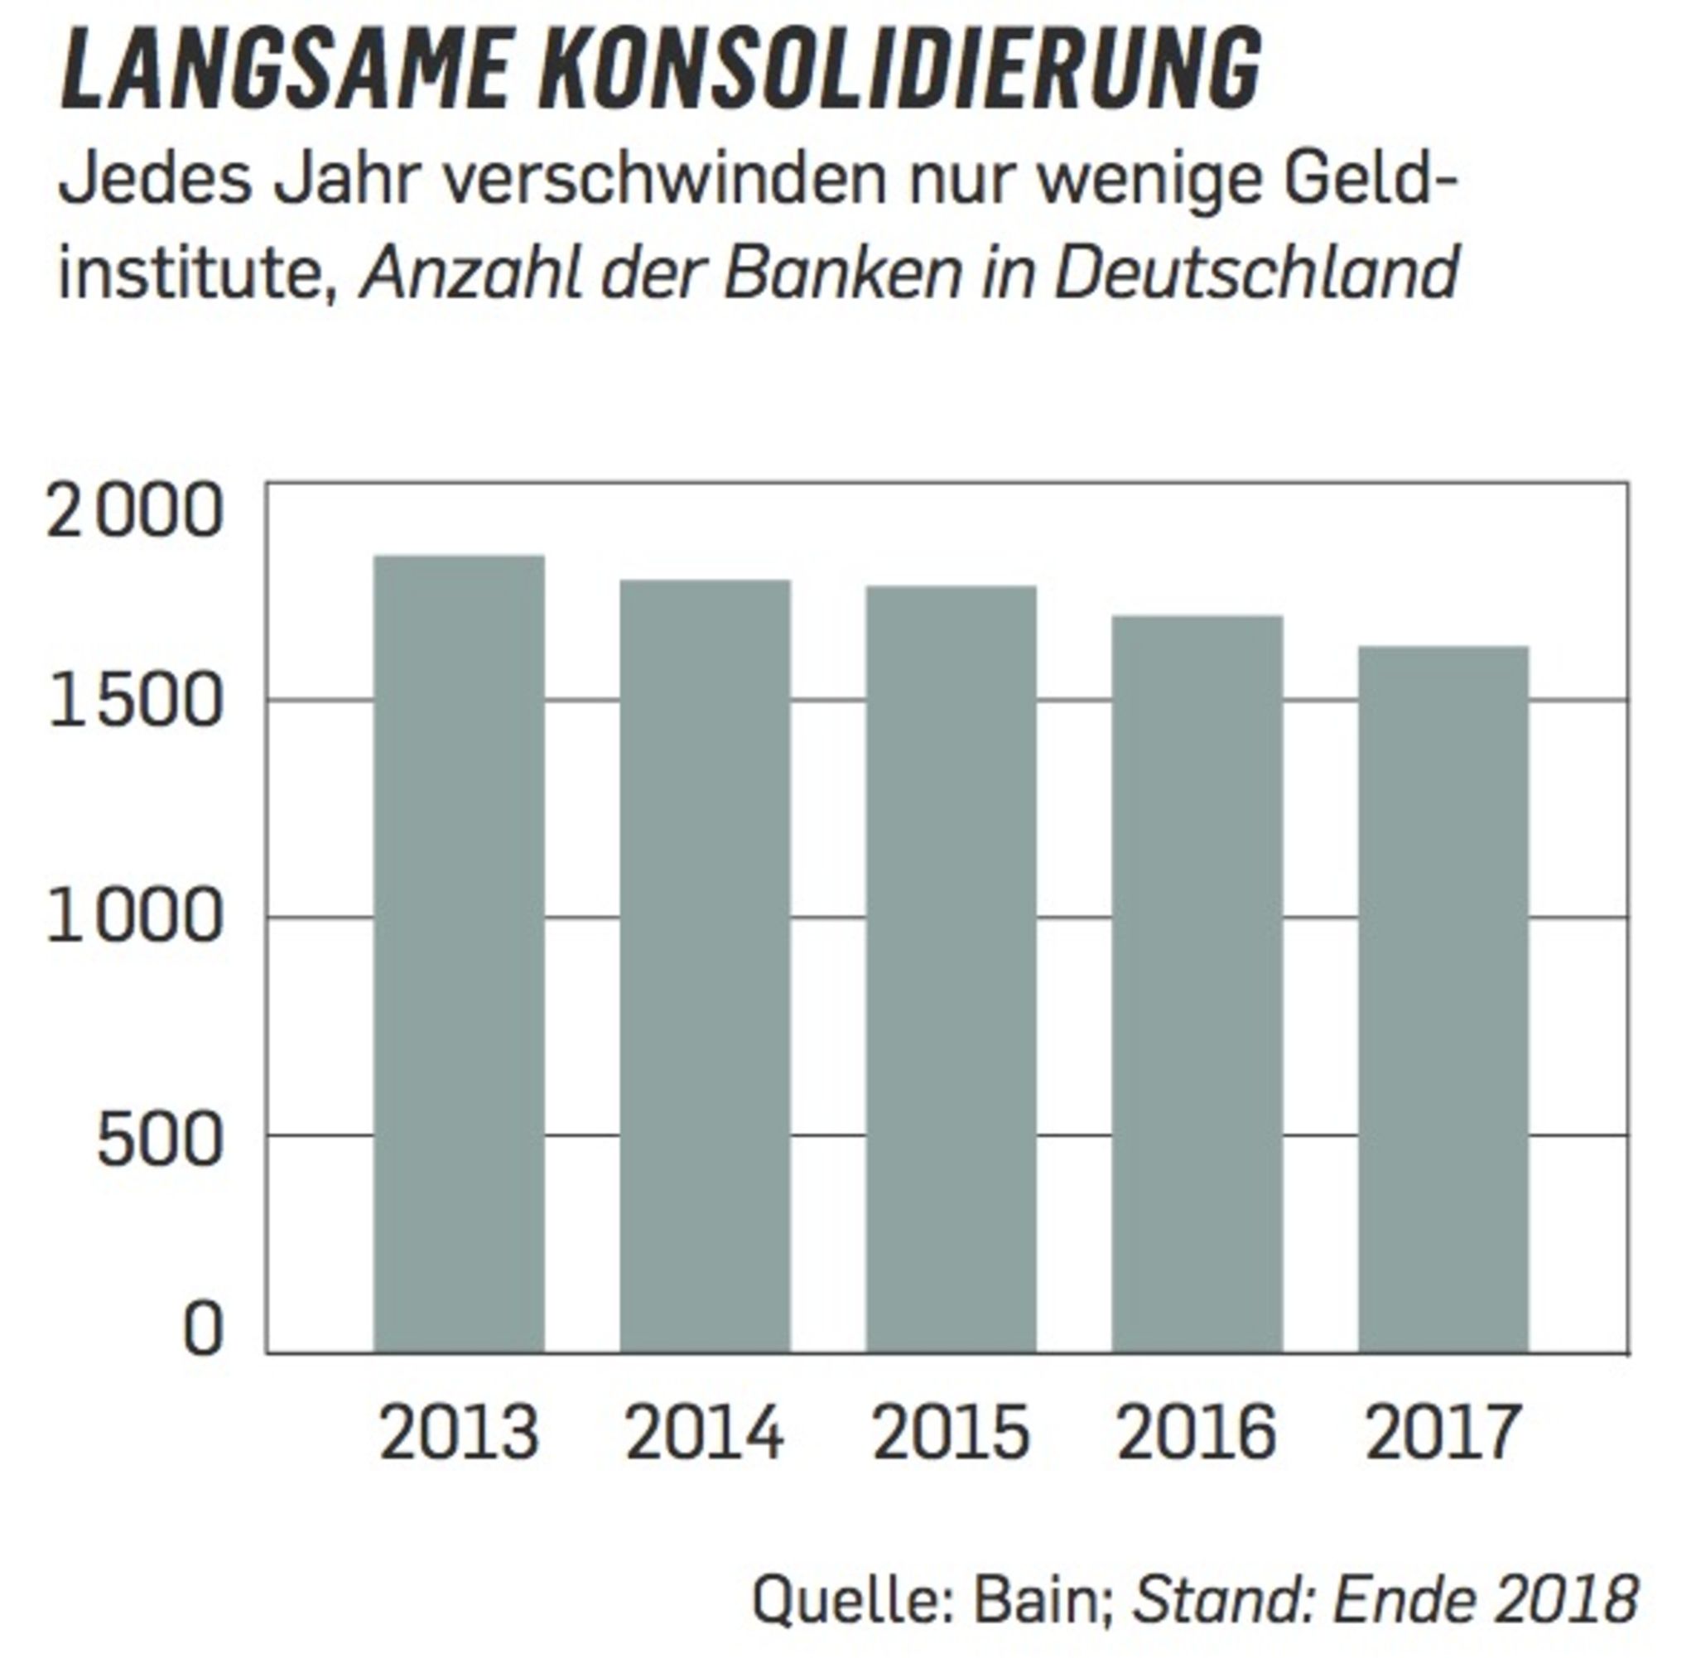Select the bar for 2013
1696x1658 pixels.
(x=459, y=953)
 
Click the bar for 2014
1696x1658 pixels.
(x=706, y=966)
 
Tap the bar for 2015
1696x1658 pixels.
(x=951, y=969)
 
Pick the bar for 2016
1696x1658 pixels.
(x=1197, y=984)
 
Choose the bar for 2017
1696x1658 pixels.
(x=1443, y=999)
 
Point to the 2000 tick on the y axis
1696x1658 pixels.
(x=135, y=511)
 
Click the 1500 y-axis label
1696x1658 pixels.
(x=135, y=701)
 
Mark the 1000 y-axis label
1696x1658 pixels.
(x=135, y=918)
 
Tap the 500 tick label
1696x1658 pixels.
(x=159, y=1140)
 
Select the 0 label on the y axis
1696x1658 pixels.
(x=202, y=1331)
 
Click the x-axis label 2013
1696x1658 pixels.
(x=459, y=1434)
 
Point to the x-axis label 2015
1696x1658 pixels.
(x=951, y=1434)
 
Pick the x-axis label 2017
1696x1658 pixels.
(x=1443, y=1434)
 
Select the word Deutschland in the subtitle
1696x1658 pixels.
(x=1256, y=272)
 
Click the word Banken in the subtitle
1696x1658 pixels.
(x=843, y=272)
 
